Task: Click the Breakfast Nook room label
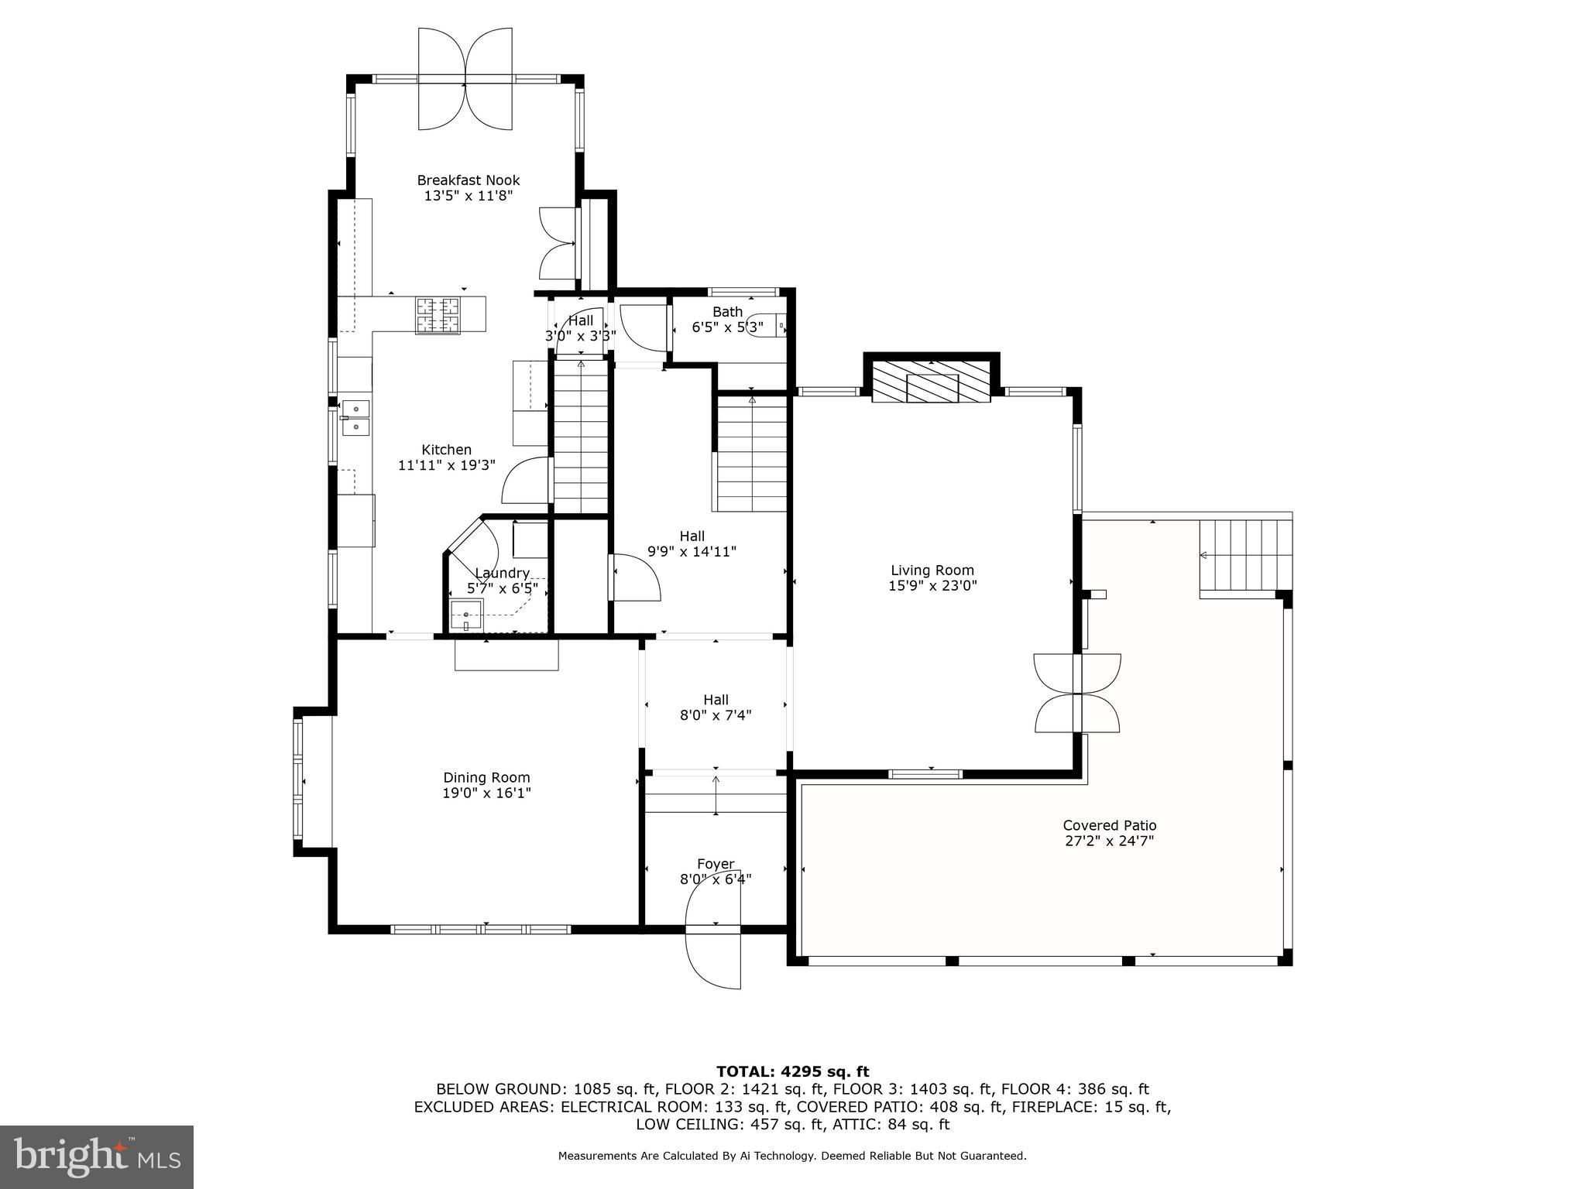(x=468, y=180)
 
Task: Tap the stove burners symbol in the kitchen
(x=438, y=316)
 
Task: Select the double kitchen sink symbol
(x=355, y=417)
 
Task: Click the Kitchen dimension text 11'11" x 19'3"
(x=446, y=465)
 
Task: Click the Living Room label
(x=932, y=571)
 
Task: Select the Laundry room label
(x=502, y=574)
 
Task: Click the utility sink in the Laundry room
(x=466, y=616)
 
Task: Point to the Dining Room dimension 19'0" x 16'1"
(x=486, y=793)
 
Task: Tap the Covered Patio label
(x=1109, y=826)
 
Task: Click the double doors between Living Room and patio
(x=1077, y=693)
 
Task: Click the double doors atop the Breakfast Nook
(x=465, y=79)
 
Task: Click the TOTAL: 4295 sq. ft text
(x=792, y=1072)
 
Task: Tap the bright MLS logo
(x=97, y=1157)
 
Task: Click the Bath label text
(x=727, y=312)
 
